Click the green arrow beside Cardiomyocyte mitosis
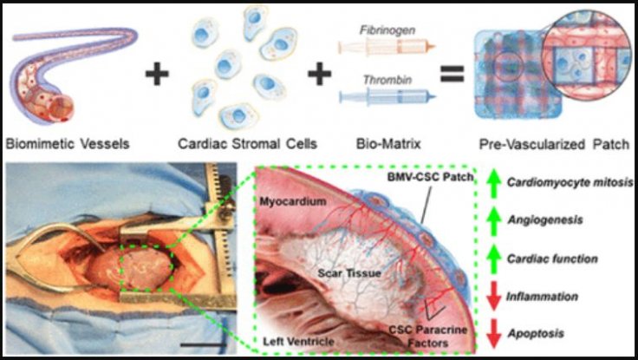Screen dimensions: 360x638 pos(492,182)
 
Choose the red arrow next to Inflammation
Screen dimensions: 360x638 pos(492,298)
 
